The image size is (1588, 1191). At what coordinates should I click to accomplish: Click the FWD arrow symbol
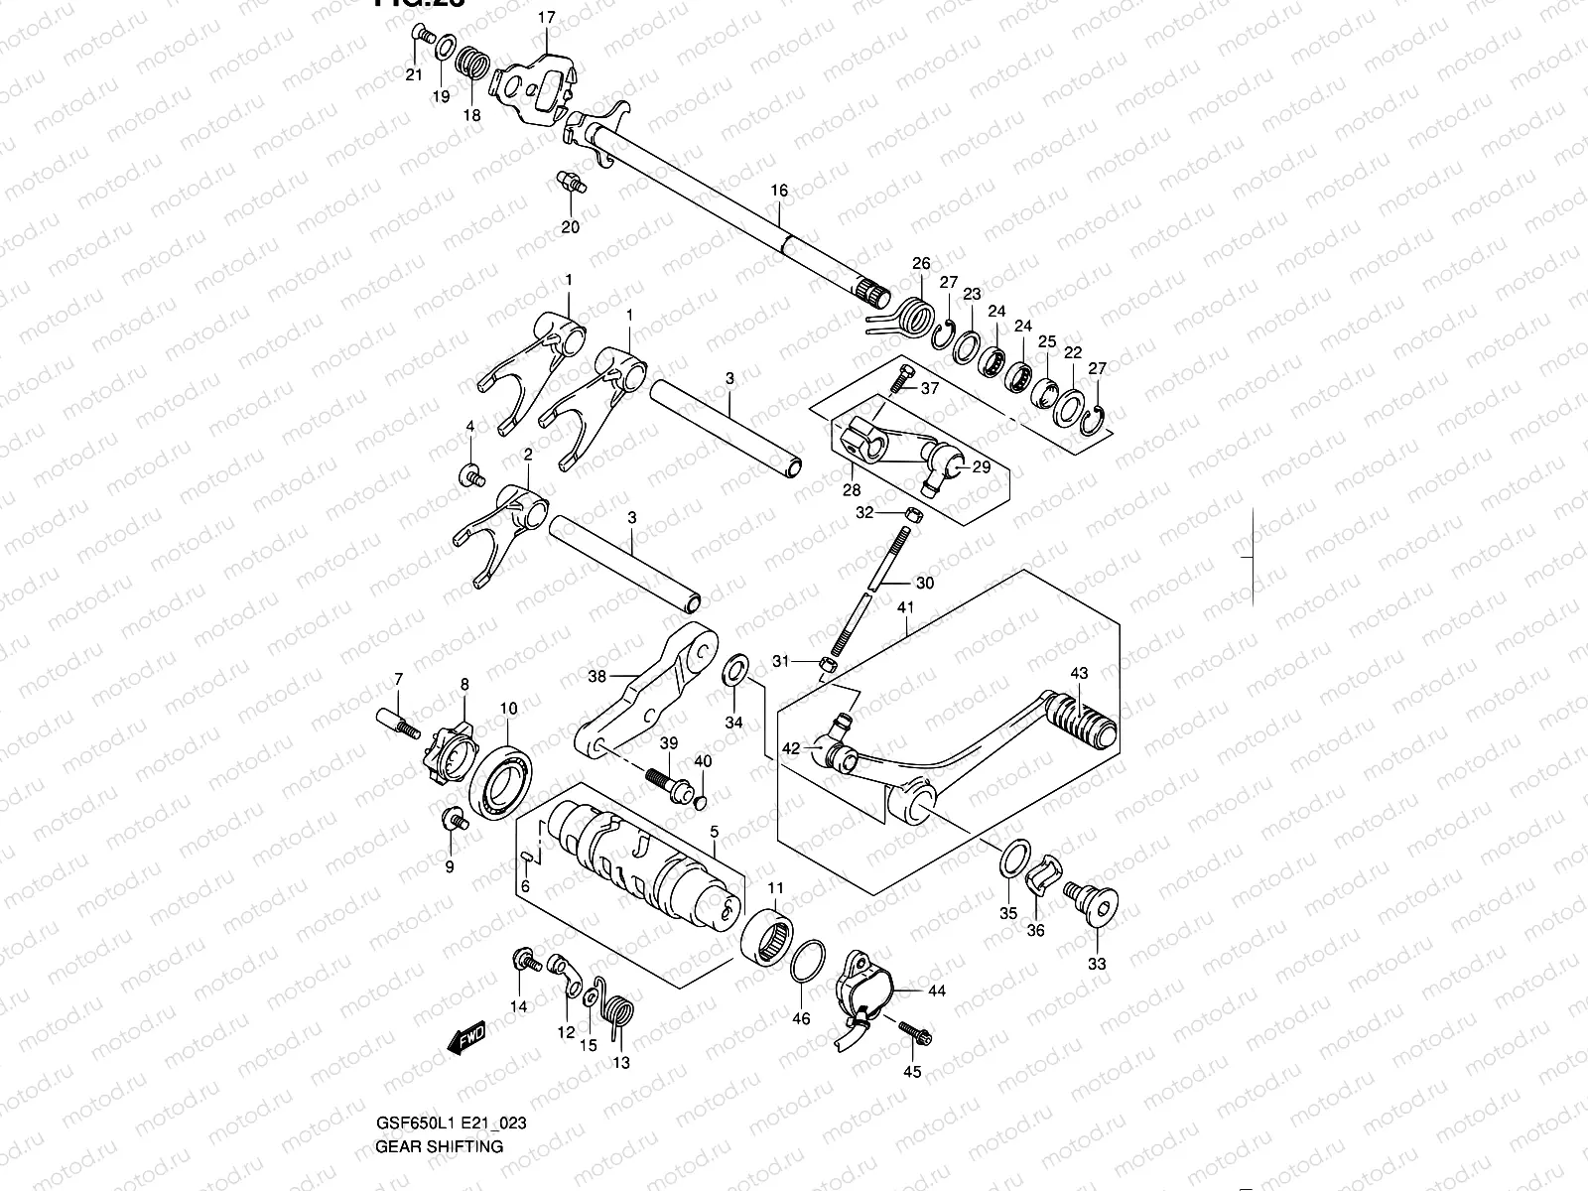tap(464, 1037)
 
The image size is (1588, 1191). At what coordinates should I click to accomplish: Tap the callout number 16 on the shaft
tap(779, 190)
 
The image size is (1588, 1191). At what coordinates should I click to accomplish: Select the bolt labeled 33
tap(1093, 904)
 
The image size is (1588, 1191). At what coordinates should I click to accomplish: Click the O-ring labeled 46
tap(810, 962)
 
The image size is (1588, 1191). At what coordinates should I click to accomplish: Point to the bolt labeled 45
tap(914, 1035)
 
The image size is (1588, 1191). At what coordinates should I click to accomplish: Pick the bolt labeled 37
tap(902, 380)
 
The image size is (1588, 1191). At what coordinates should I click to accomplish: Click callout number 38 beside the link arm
tap(596, 677)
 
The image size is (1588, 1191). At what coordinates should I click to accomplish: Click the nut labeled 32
tap(914, 513)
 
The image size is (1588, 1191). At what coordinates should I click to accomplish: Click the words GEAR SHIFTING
tap(439, 1146)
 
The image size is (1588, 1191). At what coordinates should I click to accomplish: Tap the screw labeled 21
tap(423, 38)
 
